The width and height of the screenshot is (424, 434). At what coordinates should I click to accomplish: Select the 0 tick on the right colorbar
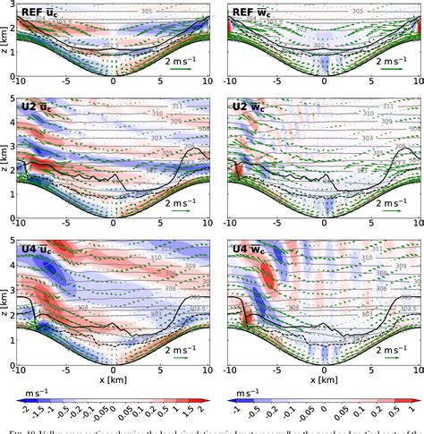323,418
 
